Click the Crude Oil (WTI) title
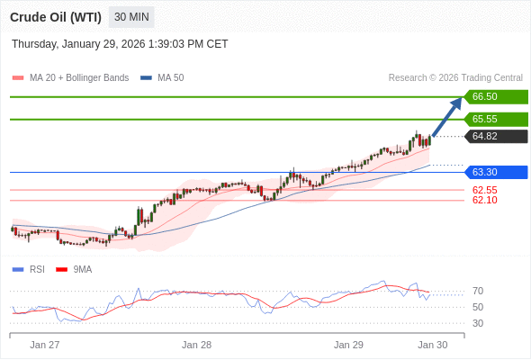tap(56, 16)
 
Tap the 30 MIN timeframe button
tap(132, 16)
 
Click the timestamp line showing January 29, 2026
tap(120, 44)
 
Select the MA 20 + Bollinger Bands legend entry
tap(71, 78)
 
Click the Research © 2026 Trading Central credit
tap(455, 78)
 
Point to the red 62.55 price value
tap(485, 190)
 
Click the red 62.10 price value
tap(485, 200)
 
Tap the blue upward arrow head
tap(456, 102)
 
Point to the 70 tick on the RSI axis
tap(478, 291)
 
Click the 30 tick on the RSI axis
tap(478, 323)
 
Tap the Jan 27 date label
tap(44, 345)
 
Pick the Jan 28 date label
tap(196, 345)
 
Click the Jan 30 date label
tap(432, 345)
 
